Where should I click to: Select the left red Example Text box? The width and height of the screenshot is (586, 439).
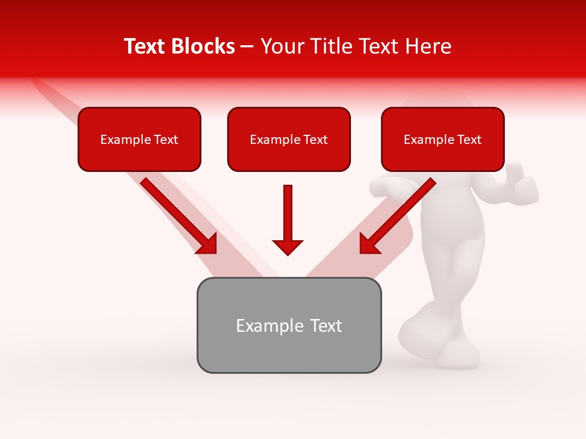(x=139, y=139)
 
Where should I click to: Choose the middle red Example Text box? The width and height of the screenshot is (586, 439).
(x=289, y=139)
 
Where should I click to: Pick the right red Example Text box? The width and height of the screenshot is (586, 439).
(x=443, y=139)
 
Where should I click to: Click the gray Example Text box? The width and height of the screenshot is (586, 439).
(x=289, y=325)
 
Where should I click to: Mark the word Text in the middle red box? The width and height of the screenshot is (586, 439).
(x=316, y=140)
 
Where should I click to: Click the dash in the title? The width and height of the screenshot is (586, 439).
(x=247, y=46)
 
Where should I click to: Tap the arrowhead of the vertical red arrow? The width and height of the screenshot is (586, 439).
(x=288, y=246)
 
